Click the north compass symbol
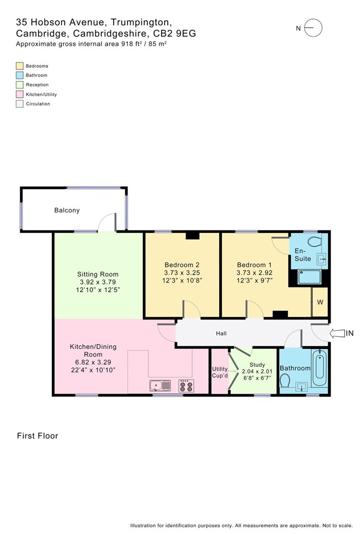pyautogui.click(x=313, y=28)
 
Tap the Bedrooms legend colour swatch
pyautogui.click(x=20, y=66)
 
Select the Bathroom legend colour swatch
pyautogui.click(x=20, y=75)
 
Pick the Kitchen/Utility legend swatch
pyautogui.click(x=20, y=94)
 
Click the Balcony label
pyautogui.click(x=67, y=210)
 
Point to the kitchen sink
pyautogui.click(x=160, y=385)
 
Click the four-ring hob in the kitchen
pyautogui.click(x=186, y=385)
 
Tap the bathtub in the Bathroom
pyautogui.click(x=319, y=367)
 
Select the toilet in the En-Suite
pyautogui.click(x=315, y=242)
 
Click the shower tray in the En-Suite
pyautogui.click(x=309, y=277)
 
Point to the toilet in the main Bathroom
pyautogui.click(x=285, y=381)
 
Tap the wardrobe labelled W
pyautogui.click(x=320, y=302)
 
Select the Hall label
pyautogui.click(x=221, y=333)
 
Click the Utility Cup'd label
pyautogui.click(x=220, y=372)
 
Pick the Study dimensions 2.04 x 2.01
pyautogui.click(x=257, y=371)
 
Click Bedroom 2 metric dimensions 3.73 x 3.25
pyautogui.click(x=182, y=273)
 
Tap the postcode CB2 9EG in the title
pyautogui.click(x=176, y=33)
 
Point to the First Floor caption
pyautogui.click(x=38, y=436)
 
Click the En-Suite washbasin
pyautogui.click(x=321, y=259)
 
